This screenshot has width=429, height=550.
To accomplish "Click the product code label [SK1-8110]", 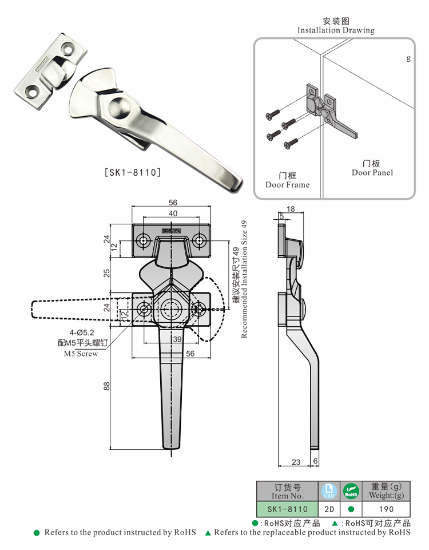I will pos(132,172).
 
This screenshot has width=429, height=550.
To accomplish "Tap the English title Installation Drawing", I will pos(336,30).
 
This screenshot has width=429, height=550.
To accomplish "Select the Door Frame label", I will pos(287,185).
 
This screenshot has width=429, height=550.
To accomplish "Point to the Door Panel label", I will pos(372,172).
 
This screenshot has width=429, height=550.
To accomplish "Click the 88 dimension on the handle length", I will pos(106,387).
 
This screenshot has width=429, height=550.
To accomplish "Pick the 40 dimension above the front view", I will pos(172,213).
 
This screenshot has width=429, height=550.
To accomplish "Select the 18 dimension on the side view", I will pos(290,209).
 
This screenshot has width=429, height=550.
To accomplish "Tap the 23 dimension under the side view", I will pos(295,462).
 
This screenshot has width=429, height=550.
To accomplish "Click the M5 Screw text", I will pos(81,354).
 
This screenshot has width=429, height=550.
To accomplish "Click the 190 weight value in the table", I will pos(386,509).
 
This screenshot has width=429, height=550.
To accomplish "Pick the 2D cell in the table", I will pos(329,509).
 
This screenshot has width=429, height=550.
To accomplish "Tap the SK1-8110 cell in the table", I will pos(287,509).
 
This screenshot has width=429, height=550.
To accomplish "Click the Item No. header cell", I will pos(287,492).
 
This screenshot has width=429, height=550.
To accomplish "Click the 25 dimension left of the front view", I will pos(106,273).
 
